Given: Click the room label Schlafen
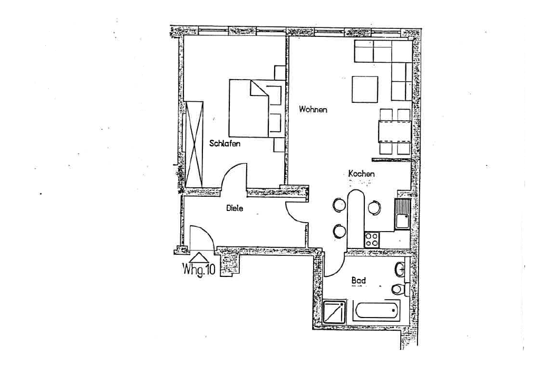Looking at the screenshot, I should tap(225, 143).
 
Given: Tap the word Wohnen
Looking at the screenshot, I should tap(313, 110).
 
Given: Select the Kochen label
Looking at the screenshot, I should tap(361, 174).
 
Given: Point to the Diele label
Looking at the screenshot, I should tap(235, 208).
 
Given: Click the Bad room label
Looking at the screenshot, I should tap(358, 281).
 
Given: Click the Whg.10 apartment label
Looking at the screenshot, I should tap(199, 271).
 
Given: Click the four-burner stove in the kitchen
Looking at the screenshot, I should tap(372, 239).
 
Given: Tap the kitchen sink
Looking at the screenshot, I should tap(402, 214).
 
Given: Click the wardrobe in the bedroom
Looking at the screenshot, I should tap(194, 143).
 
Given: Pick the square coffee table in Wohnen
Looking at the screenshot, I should tap(365, 89).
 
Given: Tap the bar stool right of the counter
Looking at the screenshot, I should tap(374, 208).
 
